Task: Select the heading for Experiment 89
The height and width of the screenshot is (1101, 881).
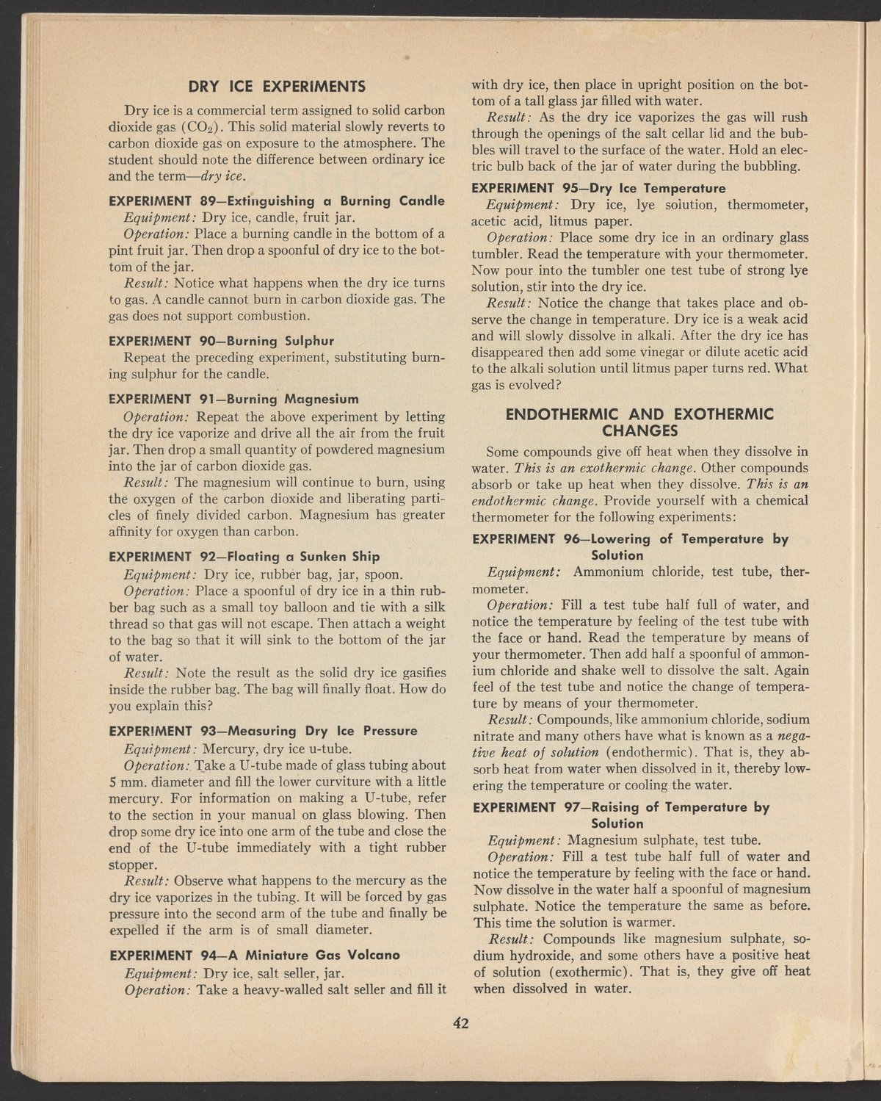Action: click(x=276, y=201)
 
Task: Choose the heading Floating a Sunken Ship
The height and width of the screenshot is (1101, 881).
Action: click(x=244, y=555)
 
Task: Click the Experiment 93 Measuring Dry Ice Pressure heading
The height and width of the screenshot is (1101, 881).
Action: click(x=262, y=731)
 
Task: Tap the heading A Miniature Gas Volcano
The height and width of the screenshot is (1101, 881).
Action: click(x=253, y=955)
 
